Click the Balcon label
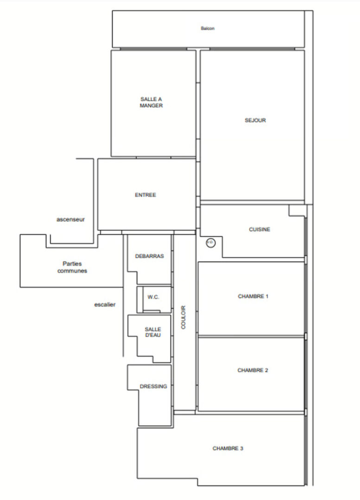pyautogui.click(x=208, y=28)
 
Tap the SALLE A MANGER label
pyautogui.click(x=151, y=102)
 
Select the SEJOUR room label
pyautogui.click(x=255, y=120)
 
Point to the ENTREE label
pyautogui.click(x=145, y=195)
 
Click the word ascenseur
pyautogui.click(x=71, y=219)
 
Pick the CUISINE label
pyautogui.click(x=259, y=229)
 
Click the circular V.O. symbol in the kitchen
pyautogui.click(x=210, y=242)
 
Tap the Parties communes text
pyautogui.click(x=72, y=267)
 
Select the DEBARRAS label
pyautogui.click(x=150, y=256)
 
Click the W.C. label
pyautogui.click(x=153, y=297)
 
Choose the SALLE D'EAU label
pyautogui.click(x=152, y=332)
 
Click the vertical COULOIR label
pyautogui.click(x=183, y=317)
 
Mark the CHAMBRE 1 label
pyautogui.click(x=253, y=296)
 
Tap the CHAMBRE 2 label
pyautogui.click(x=253, y=370)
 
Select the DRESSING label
pyautogui.click(x=153, y=386)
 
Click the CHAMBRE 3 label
pyautogui.click(x=228, y=448)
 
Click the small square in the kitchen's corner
pyautogui.click(x=297, y=211)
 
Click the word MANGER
pyautogui.click(x=151, y=106)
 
